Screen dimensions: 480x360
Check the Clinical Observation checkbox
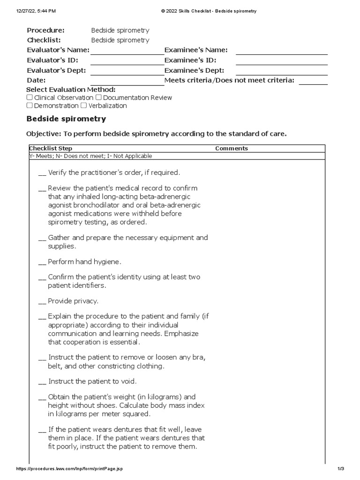30,97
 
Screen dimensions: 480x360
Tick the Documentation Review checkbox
98,97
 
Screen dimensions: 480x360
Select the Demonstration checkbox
30,105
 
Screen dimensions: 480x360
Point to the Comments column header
232,149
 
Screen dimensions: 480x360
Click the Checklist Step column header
51,149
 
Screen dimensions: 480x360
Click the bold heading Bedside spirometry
66,119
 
